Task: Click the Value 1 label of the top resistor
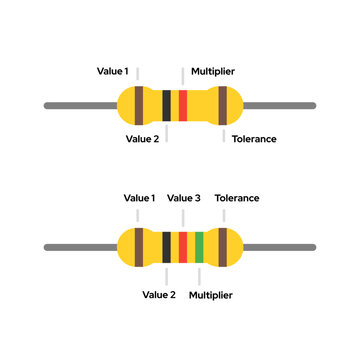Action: (112, 72)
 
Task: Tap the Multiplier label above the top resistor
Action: (212, 72)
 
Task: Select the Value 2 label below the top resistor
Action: (142, 139)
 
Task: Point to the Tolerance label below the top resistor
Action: (254, 139)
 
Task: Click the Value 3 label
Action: (184, 198)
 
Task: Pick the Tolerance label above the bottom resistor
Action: (237, 198)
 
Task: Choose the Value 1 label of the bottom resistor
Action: (139, 198)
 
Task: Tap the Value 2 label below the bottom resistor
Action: (159, 295)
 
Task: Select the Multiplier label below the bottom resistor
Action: (211, 295)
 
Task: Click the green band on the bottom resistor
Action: (200, 247)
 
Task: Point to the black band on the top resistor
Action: (166, 104)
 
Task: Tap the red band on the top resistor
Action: (183, 104)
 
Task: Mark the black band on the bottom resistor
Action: (166, 247)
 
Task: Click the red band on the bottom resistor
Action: (183, 247)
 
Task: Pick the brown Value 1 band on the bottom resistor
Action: (137, 247)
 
